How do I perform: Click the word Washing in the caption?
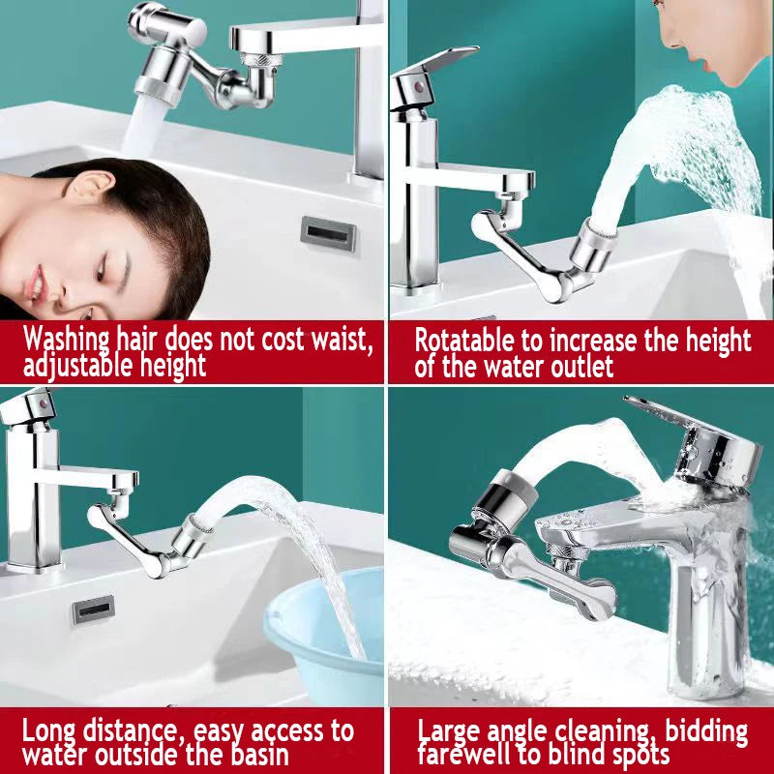click(67, 341)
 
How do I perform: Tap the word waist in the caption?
click(342, 341)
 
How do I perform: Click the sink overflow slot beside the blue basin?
click(94, 609)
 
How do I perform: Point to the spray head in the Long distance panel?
click(190, 535)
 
